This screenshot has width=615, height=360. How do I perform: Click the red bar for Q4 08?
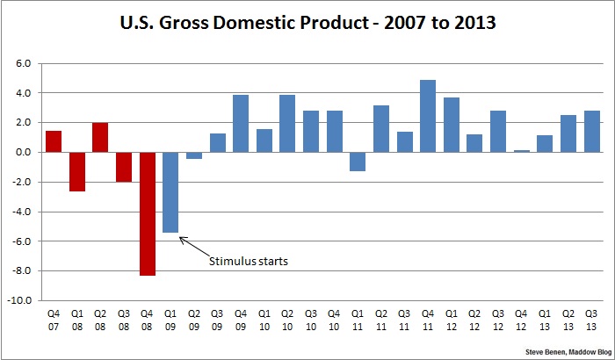coord(147,213)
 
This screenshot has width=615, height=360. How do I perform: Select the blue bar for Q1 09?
coord(170,192)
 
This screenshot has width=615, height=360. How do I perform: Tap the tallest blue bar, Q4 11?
coord(428,116)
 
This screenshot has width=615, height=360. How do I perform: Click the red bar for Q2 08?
coord(100,138)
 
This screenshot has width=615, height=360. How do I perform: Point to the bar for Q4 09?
coord(241,124)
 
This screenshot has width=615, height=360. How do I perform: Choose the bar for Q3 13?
coord(592,132)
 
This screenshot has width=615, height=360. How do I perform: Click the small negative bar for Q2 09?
coord(194,155)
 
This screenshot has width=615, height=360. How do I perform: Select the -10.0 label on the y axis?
coord(20,300)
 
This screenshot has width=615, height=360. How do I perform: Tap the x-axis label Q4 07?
coord(54,319)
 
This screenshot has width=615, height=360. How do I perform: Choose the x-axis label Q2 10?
coord(287,319)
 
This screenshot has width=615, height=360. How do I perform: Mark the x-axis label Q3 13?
coord(592,319)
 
